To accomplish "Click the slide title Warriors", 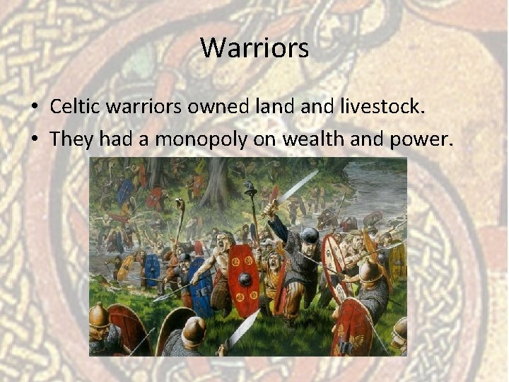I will pos(255,48).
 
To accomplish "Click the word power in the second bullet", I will pos(419,139).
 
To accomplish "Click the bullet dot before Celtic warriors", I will pos(35,108).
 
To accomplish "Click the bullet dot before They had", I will pos(35,140).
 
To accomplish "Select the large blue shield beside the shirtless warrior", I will pos(200,287).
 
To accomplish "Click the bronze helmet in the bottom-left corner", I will pos(100,315).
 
